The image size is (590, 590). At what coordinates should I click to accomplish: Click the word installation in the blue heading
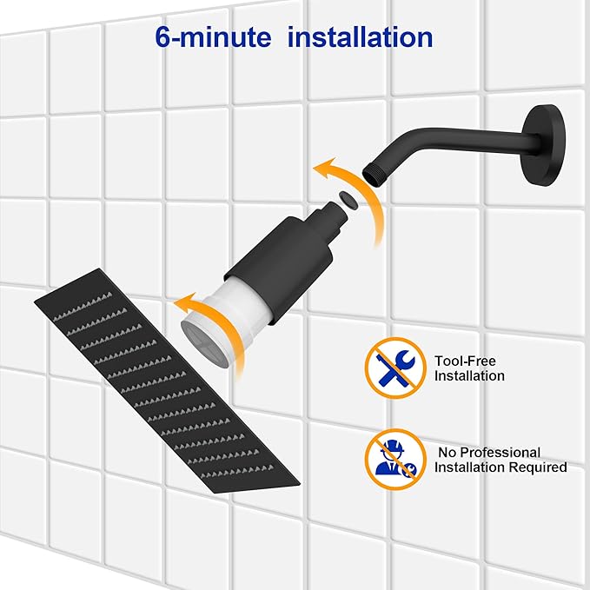click(x=360, y=37)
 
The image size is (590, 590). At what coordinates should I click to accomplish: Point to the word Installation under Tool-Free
click(x=469, y=376)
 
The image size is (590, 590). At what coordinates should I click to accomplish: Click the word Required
click(x=539, y=467)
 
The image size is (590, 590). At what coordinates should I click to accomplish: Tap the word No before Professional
click(x=445, y=452)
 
